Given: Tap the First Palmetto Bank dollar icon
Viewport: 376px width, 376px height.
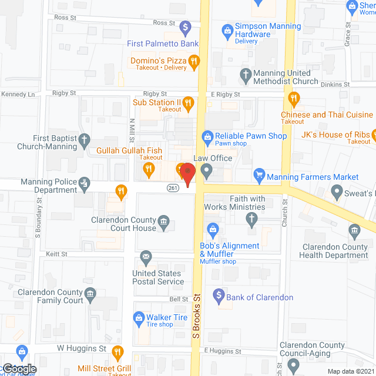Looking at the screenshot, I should coord(185,26).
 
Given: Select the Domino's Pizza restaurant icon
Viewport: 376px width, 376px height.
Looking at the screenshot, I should coord(194,61).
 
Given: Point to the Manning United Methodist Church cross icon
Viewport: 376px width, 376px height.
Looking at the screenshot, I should coord(246,74).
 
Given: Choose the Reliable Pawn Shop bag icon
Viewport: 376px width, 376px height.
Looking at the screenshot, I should coord(207,136).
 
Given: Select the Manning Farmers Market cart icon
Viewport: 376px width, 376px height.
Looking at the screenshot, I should coord(258,174).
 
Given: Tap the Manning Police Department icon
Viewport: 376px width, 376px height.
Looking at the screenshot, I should coord(85,183).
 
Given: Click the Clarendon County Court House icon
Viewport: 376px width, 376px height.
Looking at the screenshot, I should coord(164,223).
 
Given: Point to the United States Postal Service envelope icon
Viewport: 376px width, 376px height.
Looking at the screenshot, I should coord(146,257).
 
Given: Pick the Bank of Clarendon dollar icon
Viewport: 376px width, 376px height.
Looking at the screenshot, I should coord(219,294).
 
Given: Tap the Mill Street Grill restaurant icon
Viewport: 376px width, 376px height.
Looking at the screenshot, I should coord(117,354).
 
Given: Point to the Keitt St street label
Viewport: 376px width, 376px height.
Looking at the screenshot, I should coord(57,254).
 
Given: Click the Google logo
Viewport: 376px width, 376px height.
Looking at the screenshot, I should coord(19,368).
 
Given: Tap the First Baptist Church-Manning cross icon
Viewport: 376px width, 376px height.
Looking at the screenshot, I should coord(84,140).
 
